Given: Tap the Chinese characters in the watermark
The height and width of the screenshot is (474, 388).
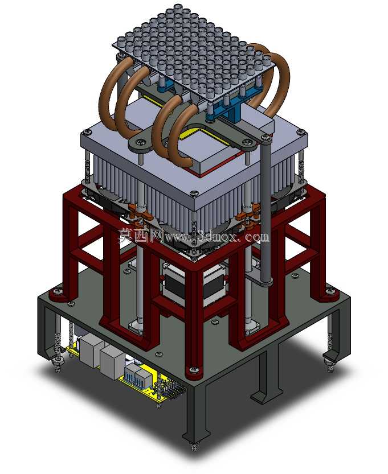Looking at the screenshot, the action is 141,234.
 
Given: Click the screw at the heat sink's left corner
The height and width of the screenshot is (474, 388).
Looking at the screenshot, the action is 88,132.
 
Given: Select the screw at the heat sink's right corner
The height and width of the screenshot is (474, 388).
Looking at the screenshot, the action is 301,132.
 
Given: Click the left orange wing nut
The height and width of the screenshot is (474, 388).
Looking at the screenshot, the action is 136,212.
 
